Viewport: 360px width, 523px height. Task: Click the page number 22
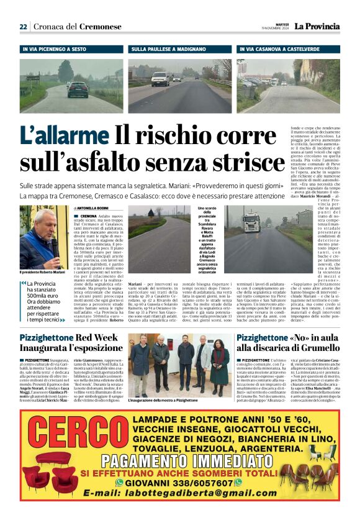[23, 26]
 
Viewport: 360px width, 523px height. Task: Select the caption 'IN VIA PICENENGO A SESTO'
[54, 48]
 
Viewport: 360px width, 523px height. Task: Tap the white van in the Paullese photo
[160, 78]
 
